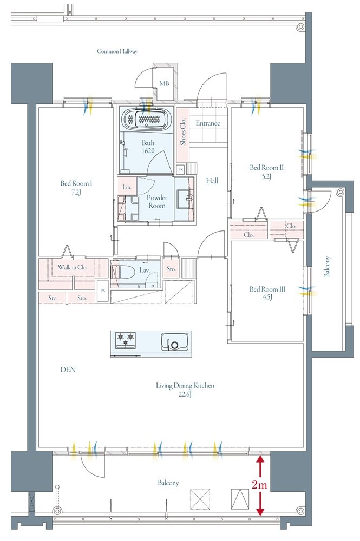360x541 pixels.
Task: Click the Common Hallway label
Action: tap(117, 51)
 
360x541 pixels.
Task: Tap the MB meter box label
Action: tap(164, 83)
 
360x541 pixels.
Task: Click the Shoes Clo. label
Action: tap(182, 131)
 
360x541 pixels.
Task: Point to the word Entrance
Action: tap(208, 123)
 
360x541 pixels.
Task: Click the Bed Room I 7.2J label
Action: tap(76, 188)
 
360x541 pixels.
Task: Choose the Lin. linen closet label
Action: tap(127, 187)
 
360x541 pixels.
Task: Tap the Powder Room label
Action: tap(157, 201)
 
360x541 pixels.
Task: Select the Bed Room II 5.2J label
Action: tap(266, 172)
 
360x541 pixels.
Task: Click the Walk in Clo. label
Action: tap(73, 267)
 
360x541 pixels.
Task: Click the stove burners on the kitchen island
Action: tap(126, 340)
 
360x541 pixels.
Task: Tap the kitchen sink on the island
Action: tap(175, 341)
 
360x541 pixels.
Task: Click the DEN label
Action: tap(68, 370)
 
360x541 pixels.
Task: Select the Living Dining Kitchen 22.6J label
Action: tap(185, 390)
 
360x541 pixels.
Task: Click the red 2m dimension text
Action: tap(259, 485)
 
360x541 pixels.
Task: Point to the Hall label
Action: tap(212, 181)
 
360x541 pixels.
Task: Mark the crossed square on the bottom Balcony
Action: tap(200, 499)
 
